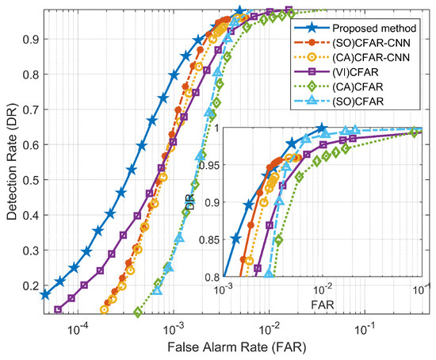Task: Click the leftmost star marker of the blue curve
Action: [45, 294]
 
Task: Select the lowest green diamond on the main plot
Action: [139, 311]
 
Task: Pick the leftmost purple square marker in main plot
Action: [58, 308]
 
